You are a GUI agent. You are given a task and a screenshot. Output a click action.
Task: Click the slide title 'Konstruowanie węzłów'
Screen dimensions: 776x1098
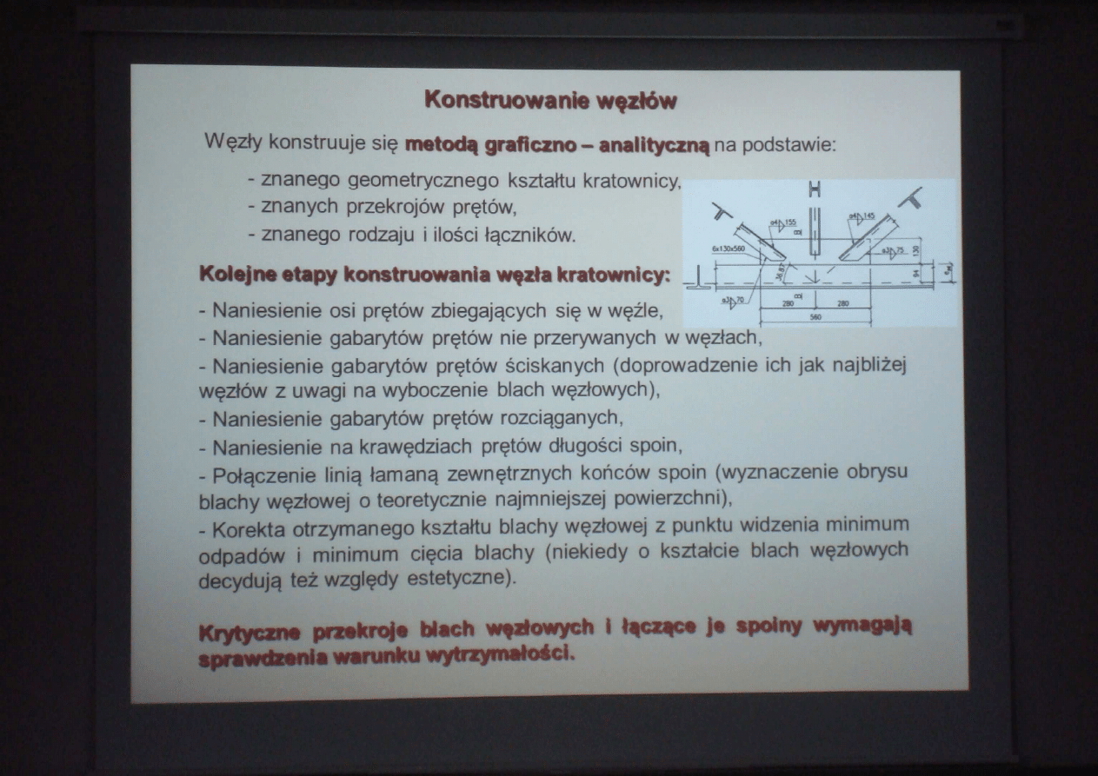(x=550, y=99)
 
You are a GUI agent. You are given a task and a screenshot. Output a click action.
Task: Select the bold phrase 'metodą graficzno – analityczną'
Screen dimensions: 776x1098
(x=557, y=143)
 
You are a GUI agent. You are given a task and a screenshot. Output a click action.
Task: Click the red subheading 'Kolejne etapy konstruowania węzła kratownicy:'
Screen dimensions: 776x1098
(x=435, y=275)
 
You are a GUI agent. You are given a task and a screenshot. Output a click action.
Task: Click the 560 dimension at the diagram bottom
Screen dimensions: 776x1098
(x=815, y=317)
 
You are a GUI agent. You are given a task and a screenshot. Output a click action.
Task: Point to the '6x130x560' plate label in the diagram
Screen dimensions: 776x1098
(x=729, y=249)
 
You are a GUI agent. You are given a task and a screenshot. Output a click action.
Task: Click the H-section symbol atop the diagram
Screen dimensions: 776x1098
(x=815, y=190)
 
